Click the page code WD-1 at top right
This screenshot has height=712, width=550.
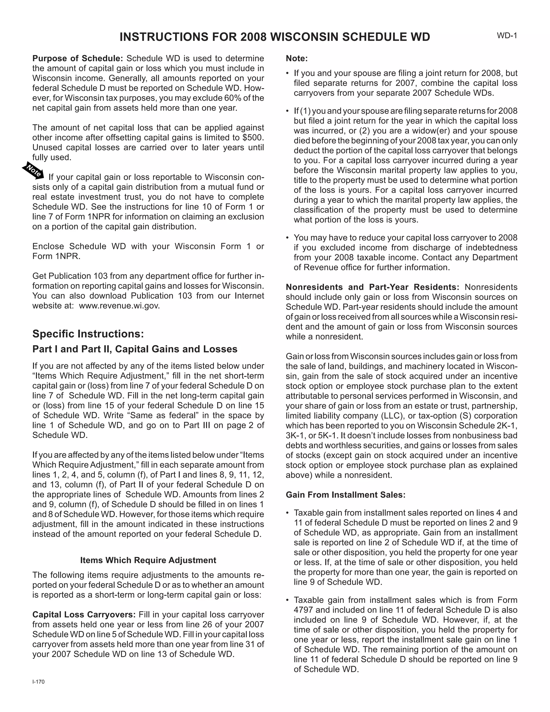(x=507, y=35)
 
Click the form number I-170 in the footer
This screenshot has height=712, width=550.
(x=38, y=682)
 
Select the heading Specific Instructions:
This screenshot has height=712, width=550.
(x=88, y=334)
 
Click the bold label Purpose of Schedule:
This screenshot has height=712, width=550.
(x=78, y=58)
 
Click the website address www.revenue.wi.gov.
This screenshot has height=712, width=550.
(x=119, y=306)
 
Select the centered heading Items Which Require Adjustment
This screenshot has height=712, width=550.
(x=148, y=560)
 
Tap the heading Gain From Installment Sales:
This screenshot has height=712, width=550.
(x=345, y=495)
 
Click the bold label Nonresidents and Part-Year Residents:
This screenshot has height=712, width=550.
(x=372, y=287)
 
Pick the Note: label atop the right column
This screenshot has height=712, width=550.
(x=296, y=58)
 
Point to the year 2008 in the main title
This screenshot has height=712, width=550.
(x=254, y=37)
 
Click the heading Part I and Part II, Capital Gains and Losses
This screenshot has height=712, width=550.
(x=135, y=349)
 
